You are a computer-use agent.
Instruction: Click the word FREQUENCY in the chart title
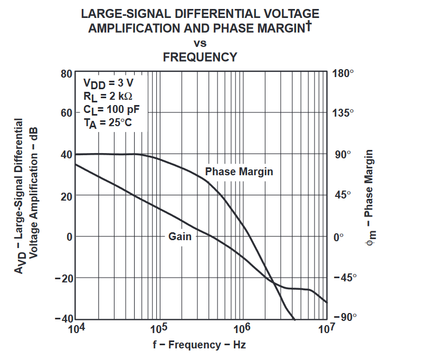tap(200, 57)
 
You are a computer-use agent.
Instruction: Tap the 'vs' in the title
tap(200, 43)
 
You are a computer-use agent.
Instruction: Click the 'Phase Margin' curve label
tap(239, 172)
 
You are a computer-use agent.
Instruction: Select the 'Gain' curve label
tap(179, 236)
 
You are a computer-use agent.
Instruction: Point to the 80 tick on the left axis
tap(66, 73)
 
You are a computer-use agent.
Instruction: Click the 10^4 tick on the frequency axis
tap(76, 329)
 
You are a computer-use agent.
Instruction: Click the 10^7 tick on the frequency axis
tap(327, 329)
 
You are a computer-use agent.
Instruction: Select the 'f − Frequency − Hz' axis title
tap(200, 345)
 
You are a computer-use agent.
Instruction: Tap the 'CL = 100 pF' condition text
tap(111, 110)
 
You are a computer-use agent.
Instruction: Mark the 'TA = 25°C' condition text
tap(107, 124)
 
